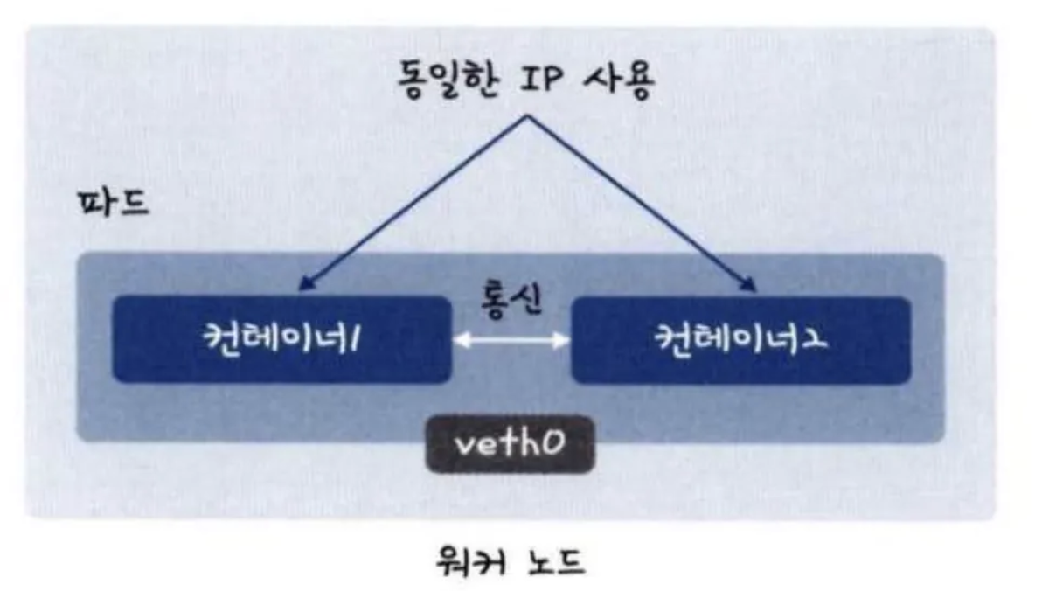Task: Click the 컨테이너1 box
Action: [281, 338]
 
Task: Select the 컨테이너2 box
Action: [740, 338]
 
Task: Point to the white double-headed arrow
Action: [511, 341]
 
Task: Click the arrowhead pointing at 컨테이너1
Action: [303, 284]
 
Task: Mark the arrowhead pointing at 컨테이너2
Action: [749, 283]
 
